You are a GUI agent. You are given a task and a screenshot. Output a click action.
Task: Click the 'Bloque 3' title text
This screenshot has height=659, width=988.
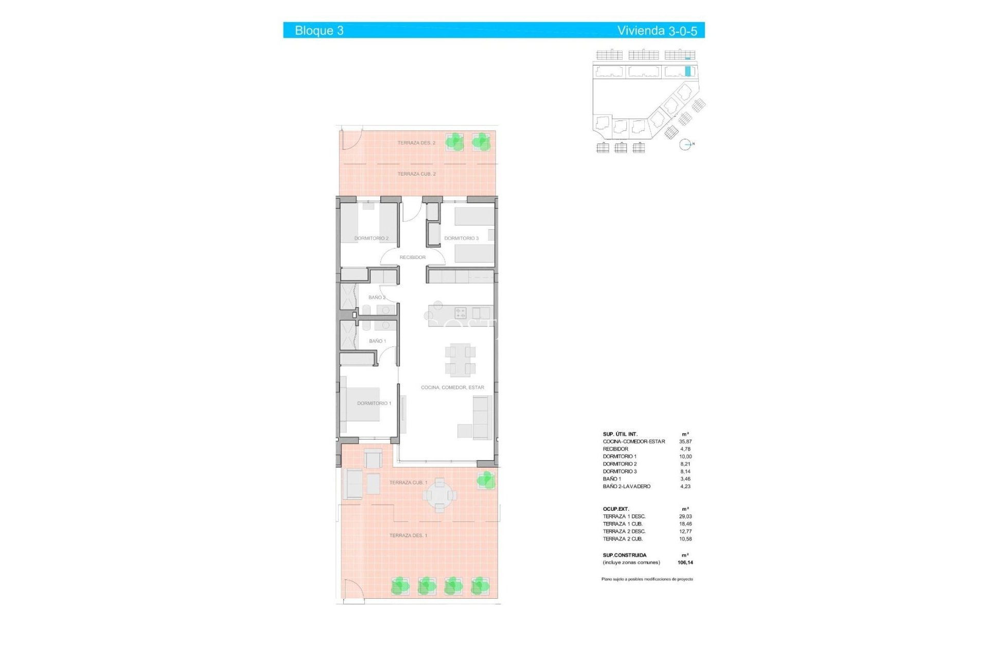[x=319, y=31]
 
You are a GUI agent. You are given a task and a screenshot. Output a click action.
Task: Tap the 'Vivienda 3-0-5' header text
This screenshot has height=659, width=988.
[x=657, y=31]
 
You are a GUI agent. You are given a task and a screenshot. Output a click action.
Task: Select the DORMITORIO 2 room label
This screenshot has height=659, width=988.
[x=371, y=238]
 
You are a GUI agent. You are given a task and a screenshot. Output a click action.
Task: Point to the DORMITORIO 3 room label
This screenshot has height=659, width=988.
[x=461, y=238]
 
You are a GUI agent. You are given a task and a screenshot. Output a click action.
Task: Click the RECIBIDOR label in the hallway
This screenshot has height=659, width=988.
[x=413, y=257]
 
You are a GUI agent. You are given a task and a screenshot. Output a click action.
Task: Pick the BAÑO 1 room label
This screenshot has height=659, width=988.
[x=377, y=341]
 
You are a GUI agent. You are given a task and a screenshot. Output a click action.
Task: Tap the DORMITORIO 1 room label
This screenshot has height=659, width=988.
[x=374, y=403]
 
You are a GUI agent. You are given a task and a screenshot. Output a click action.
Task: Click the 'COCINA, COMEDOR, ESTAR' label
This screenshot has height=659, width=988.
[x=452, y=388]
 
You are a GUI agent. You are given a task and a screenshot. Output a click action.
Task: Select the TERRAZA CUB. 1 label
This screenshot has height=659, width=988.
[x=408, y=483]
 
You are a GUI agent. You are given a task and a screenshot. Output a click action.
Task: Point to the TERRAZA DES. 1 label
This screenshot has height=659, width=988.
[x=408, y=535]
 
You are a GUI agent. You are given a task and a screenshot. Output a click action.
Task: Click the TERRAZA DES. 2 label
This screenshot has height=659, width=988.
[x=416, y=143]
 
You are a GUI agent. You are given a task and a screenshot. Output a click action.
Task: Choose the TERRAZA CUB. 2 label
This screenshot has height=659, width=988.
[x=416, y=174]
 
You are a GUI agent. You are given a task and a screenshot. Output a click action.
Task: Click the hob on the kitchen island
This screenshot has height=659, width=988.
[x=460, y=313]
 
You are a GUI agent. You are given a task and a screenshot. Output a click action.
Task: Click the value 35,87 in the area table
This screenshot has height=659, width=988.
[x=685, y=442]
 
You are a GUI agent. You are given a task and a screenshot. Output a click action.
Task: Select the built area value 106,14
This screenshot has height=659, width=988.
[x=685, y=563]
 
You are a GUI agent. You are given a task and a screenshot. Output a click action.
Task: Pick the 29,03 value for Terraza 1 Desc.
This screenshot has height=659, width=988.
[x=685, y=516]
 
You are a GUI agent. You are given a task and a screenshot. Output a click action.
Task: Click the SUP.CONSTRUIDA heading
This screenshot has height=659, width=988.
[x=624, y=556]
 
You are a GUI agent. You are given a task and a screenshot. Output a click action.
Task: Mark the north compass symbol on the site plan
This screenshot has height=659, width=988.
[x=685, y=145]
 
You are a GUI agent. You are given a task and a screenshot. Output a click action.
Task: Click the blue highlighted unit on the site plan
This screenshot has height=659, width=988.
[x=687, y=71]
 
